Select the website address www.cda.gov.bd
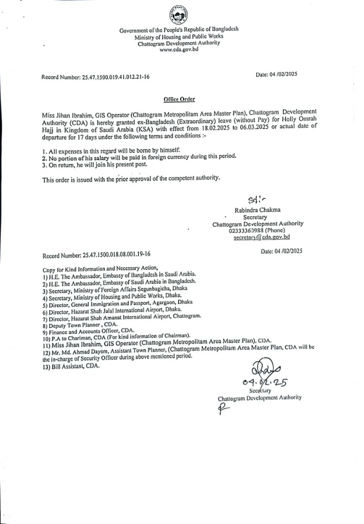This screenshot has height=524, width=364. [179, 49]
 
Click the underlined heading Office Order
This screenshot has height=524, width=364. [179, 99]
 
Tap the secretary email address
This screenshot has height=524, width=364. [262, 237]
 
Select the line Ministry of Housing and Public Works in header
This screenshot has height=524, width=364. [179, 36]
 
